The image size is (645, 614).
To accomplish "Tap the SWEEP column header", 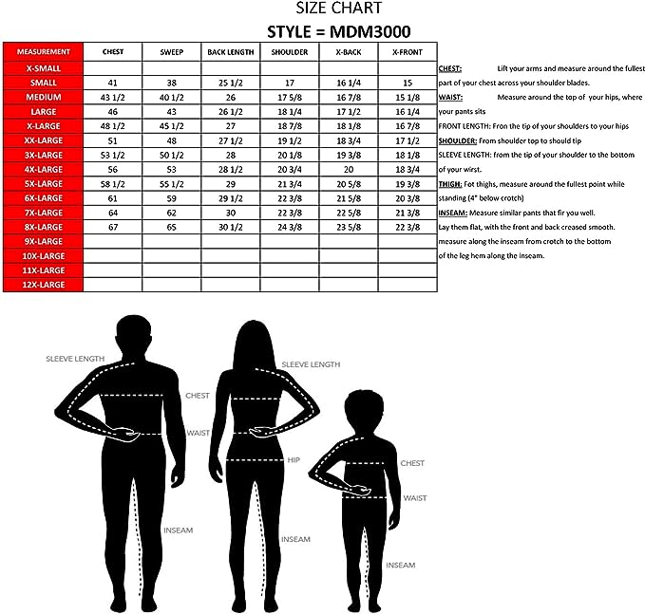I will coord(171,51).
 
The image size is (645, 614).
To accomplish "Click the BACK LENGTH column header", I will coord(230,51).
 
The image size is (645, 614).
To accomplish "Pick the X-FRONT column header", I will coord(407,51).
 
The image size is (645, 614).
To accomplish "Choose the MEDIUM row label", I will coord(44,98).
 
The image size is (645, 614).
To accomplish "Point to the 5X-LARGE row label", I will coord(44,182).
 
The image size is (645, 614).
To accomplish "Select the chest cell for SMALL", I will coord(112,84).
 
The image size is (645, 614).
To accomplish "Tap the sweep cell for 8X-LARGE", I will coord(171,228).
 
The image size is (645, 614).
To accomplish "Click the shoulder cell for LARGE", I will coord(289,112).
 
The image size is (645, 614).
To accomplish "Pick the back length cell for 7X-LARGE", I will coord(230,214).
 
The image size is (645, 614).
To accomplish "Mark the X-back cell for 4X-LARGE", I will coord(348,168).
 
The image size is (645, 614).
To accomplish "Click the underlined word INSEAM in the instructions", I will coord(454,214).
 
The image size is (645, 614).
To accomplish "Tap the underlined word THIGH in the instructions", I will coord(451,184).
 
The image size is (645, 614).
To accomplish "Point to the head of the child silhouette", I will coord(366,409).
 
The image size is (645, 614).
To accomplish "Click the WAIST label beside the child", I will coord(414,497).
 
